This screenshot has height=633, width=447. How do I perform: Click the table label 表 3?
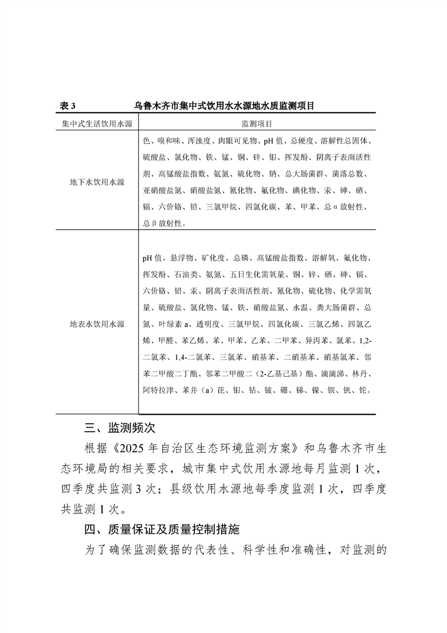68,105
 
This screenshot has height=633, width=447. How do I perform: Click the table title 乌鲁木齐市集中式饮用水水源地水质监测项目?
224,105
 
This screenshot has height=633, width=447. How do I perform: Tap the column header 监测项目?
257,124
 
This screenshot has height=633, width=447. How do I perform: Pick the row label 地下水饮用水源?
97,182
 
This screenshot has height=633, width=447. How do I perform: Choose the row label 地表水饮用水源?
97,324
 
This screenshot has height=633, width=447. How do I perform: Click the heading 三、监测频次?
116,425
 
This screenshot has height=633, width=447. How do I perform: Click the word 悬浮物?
182,258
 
